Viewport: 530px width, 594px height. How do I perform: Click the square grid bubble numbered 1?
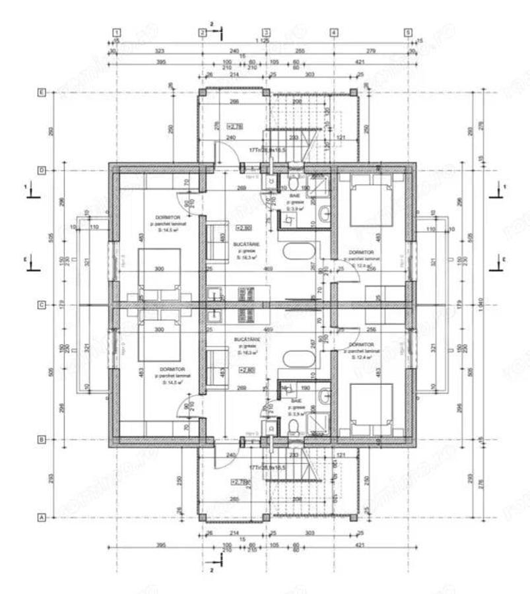click(117, 32)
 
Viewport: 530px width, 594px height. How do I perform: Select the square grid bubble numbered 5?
click(408, 32)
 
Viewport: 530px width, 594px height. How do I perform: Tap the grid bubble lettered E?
click(42, 93)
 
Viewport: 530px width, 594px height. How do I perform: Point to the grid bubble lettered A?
click(42, 518)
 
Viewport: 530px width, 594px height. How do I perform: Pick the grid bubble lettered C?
click(42, 305)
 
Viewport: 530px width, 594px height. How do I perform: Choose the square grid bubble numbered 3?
click(267, 32)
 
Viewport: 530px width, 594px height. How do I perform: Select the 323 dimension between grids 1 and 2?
click(158, 50)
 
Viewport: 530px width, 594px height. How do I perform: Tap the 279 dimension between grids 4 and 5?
click(370, 50)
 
